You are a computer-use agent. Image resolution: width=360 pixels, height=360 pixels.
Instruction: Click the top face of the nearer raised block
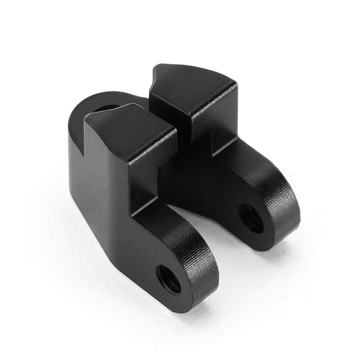coord(130,130)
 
